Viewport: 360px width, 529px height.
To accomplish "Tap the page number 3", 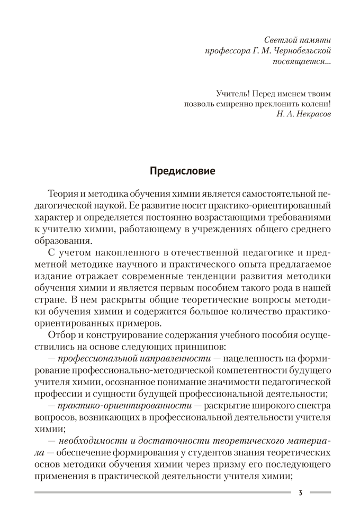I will (x=300, y=493).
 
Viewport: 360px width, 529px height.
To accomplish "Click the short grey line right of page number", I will (x=320, y=493).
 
